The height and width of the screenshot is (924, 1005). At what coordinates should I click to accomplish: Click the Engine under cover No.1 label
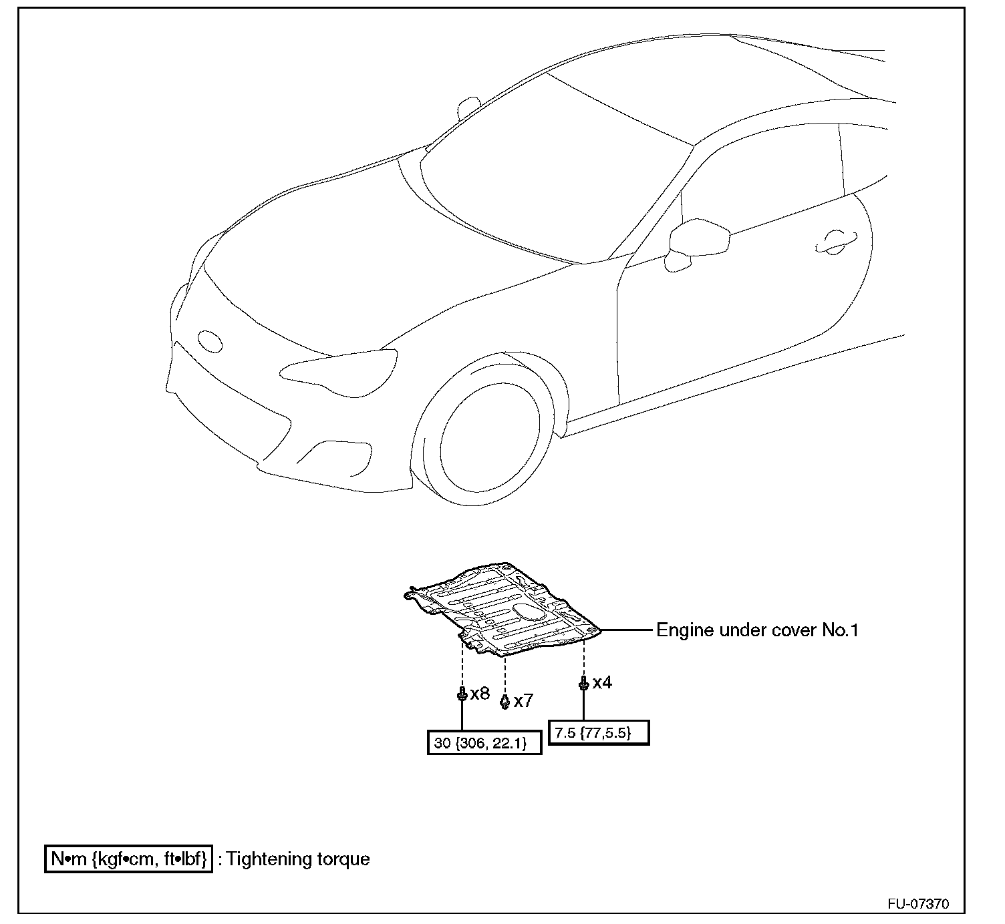757,630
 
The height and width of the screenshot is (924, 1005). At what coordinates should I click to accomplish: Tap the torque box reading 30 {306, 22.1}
484,742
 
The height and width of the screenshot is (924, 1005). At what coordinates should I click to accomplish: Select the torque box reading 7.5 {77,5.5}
598,732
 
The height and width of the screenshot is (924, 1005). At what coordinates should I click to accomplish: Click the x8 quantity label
480,694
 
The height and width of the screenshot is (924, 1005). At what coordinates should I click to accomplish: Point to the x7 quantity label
523,701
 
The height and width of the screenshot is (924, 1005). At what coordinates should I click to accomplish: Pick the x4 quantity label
601,682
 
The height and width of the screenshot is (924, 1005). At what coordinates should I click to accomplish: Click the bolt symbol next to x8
462,694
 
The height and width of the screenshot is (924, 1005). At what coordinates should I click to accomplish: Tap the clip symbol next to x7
505,701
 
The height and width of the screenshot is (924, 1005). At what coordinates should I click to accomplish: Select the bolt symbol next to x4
583,683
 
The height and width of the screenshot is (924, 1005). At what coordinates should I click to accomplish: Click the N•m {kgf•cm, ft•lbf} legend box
128,859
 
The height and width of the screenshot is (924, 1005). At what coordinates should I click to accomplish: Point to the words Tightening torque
298,859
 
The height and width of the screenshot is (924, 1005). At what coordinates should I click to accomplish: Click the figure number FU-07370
917,905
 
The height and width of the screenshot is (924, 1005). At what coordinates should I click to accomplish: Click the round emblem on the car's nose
210,340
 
